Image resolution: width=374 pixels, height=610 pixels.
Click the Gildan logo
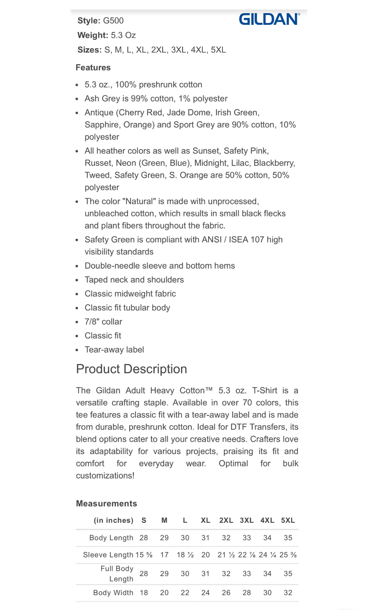coord(269,19)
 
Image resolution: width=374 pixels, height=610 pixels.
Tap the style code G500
coord(113,21)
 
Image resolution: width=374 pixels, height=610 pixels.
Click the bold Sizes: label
coord(89,50)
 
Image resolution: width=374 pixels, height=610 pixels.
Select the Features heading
coord(93,68)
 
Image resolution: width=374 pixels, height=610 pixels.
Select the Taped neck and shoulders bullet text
coord(134,280)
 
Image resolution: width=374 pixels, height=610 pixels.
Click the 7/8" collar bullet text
coord(103,322)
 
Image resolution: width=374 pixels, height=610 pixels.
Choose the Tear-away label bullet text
coord(114,350)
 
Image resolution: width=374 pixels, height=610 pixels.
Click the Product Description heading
coord(131,369)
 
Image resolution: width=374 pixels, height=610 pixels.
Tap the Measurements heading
coord(106,504)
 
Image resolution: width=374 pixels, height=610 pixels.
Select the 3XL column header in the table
coord(247,521)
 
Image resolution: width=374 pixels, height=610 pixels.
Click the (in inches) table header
coord(113,521)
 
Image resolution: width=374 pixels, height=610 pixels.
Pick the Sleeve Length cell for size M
coord(164,555)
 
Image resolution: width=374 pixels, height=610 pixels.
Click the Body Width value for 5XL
coord(288,593)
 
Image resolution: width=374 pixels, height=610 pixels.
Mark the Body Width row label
coord(113,593)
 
